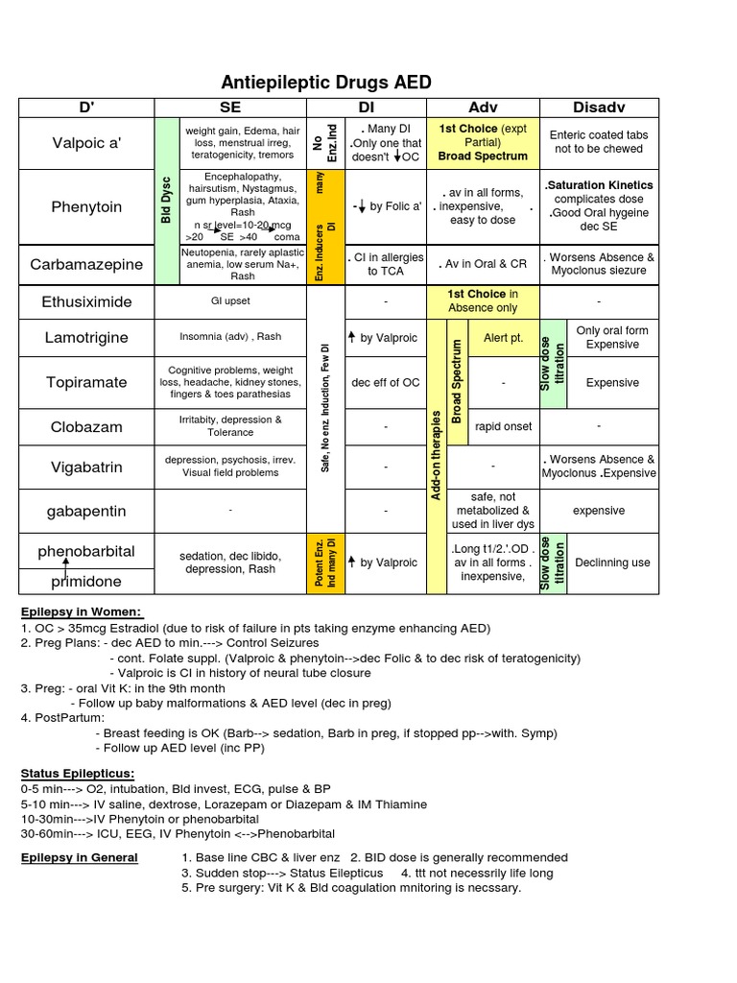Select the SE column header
point(229,107)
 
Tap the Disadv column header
point(599,107)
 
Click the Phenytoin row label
point(86,207)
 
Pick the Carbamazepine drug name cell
point(86,264)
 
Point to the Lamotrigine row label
point(86,337)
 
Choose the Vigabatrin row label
point(86,468)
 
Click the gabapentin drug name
point(86,511)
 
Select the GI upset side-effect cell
point(229,301)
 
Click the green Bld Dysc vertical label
point(166,202)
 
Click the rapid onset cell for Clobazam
point(504,426)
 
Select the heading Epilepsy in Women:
point(81,612)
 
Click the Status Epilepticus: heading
point(78,773)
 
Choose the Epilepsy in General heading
point(80,857)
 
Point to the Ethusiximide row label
point(86,301)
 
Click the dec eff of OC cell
point(386,382)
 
